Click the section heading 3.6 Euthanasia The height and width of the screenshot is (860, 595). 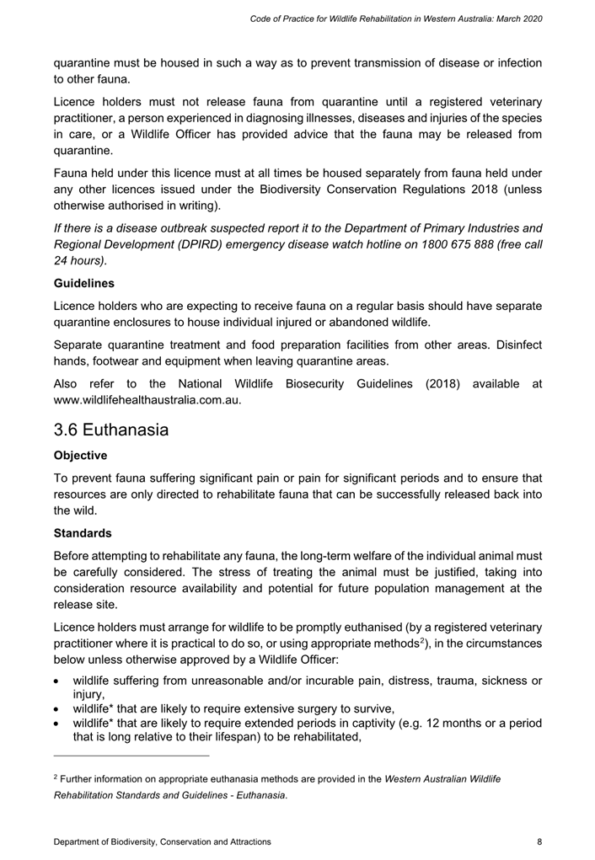[x=110, y=430]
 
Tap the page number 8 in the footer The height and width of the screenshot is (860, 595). [x=539, y=841]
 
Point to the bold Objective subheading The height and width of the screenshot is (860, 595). [x=81, y=456]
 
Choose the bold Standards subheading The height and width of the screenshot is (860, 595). [x=83, y=533]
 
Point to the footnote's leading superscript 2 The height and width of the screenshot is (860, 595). [x=55, y=777]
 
